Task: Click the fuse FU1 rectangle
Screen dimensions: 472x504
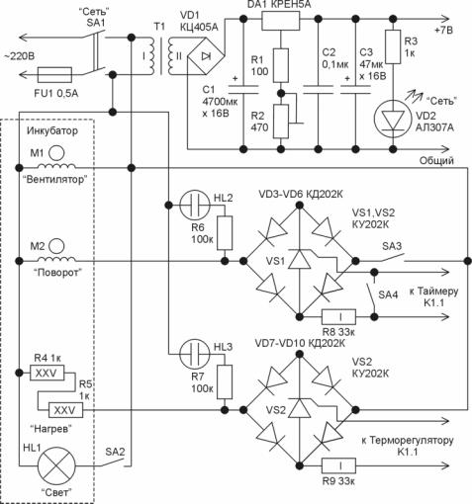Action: (x=54, y=75)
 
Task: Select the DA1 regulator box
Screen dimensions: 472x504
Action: (x=281, y=21)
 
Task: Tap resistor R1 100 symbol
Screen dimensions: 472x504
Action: (x=281, y=65)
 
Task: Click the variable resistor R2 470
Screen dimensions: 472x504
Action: (x=281, y=122)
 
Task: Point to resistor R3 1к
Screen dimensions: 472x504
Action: (x=393, y=46)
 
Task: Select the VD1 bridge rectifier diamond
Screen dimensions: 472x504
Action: (x=206, y=56)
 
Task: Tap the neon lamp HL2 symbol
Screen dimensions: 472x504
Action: (x=195, y=206)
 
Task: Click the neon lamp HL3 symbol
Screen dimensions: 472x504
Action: (x=195, y=354)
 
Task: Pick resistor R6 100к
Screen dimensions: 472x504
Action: (x=225, y=233)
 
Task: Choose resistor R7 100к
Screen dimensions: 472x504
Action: (x=225, y=382)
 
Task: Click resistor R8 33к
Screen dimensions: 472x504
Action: (x=338, y=317)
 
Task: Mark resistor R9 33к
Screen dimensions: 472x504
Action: (x=338, y=465)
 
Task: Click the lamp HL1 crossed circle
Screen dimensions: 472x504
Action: (x=56, y=465)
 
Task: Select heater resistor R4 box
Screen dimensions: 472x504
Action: (x=47, y=373)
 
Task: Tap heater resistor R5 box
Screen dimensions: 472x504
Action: (x=65, y=410)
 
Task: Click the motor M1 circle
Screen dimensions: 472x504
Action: (x=56, y=153)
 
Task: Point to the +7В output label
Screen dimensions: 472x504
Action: (x=443, y=31)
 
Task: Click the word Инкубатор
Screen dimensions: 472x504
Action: (x=52, y=130)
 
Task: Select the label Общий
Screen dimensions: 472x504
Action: (x=436, y=161)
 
